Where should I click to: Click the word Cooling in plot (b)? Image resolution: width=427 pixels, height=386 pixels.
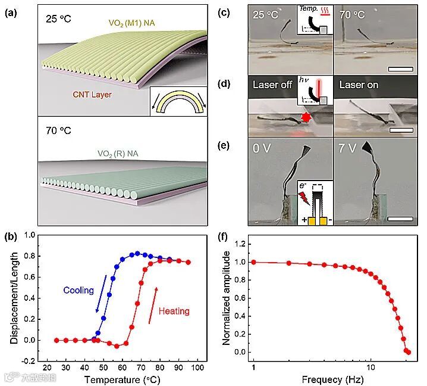pos(79,290)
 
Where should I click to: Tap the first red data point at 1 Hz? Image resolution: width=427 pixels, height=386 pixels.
pos(254,262)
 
